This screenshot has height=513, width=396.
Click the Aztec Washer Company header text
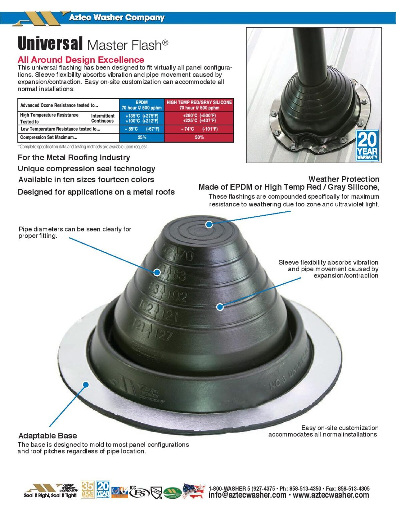(116, 17)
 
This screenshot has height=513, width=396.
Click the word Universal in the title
(50, 44)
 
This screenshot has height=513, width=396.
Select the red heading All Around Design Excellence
(81, 60)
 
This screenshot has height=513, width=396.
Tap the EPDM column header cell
(141, 105)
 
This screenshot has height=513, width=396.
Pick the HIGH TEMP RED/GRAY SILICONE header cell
(199, 105)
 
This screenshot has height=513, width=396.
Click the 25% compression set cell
(142, 137)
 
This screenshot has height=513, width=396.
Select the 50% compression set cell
(199, 137)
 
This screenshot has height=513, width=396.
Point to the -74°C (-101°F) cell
(199, 129)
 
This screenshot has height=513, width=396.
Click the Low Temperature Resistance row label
(60, 129)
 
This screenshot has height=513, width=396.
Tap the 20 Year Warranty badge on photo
(367, 146)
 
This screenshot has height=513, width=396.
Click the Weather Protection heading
(344, 179)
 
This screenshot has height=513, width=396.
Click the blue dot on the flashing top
(209, 224)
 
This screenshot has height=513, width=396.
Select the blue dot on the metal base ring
(86, 385)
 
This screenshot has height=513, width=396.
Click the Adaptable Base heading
(47, 436)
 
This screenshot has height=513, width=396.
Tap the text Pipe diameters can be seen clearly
(75, 229)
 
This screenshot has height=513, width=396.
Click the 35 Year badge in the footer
(87, 490)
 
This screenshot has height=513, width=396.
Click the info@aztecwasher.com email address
(247, 495)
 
